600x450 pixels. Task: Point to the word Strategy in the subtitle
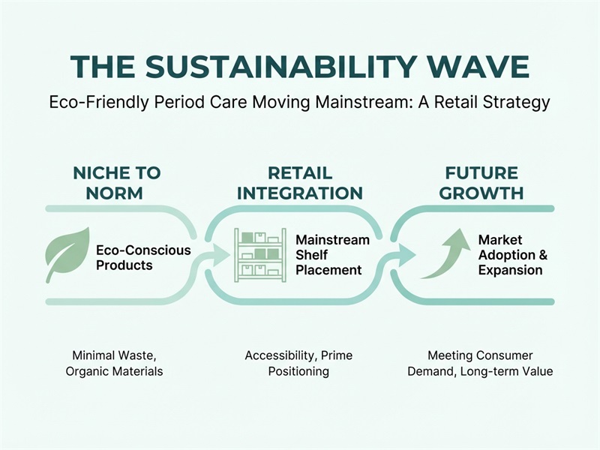pyautogui.click(x=515, y=102)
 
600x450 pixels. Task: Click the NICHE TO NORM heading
pyautogui.click(x=117, y=182)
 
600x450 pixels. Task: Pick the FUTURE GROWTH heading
pyautogui.click(x=481, y=182)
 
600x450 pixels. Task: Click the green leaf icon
pyautogui.click(x=67, y=255)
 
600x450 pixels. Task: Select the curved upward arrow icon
pyautogui.click(x=445, y=255)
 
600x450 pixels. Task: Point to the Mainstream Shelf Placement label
pyautogui.click(x=332, y=255)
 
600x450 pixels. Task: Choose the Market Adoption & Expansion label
pyautogui.click(x=512, y=255)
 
